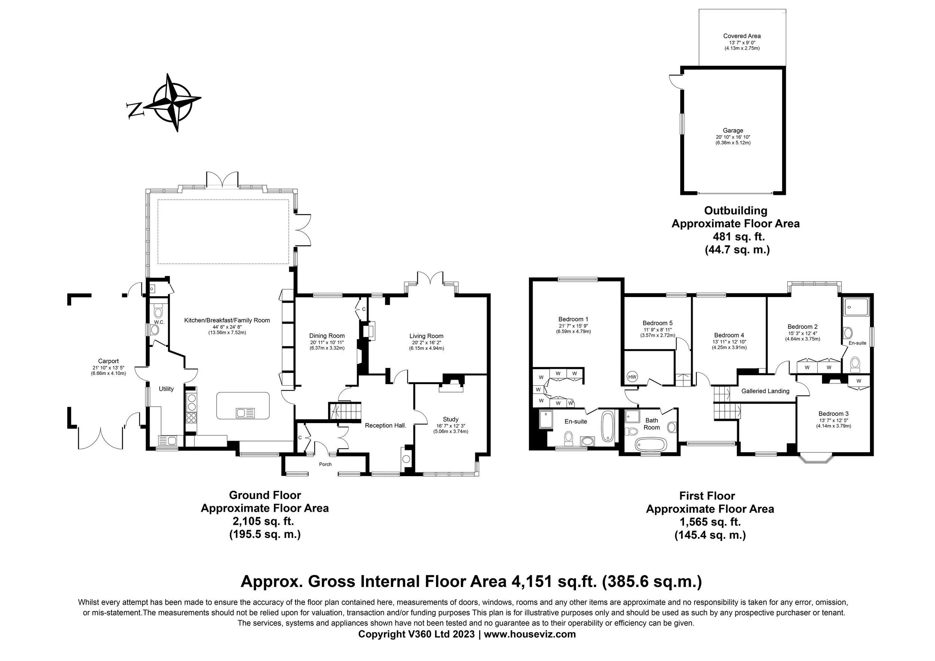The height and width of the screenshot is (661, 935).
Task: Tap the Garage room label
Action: tap(733, 131)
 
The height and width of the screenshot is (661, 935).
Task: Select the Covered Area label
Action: tap(742, 36)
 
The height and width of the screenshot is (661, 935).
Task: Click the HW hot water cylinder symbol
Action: tap(632, 377)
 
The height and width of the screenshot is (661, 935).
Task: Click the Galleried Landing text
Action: tap(765, 391)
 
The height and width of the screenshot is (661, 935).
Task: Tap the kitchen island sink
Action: tap(245, 413)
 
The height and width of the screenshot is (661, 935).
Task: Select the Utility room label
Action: tap(166, 389)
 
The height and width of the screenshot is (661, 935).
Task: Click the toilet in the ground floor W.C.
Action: tap(159, 312)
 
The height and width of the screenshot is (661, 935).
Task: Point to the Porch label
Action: tap(325, 464)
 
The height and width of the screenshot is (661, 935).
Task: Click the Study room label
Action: tap(450, 419)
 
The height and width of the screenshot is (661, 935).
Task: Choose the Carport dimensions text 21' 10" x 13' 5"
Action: tap(108, 368)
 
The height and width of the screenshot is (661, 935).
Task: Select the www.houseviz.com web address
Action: tap(530, 634)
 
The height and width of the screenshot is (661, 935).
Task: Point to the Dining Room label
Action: tap(327, 336)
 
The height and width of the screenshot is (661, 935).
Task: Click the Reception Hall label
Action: tap(386, 426)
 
